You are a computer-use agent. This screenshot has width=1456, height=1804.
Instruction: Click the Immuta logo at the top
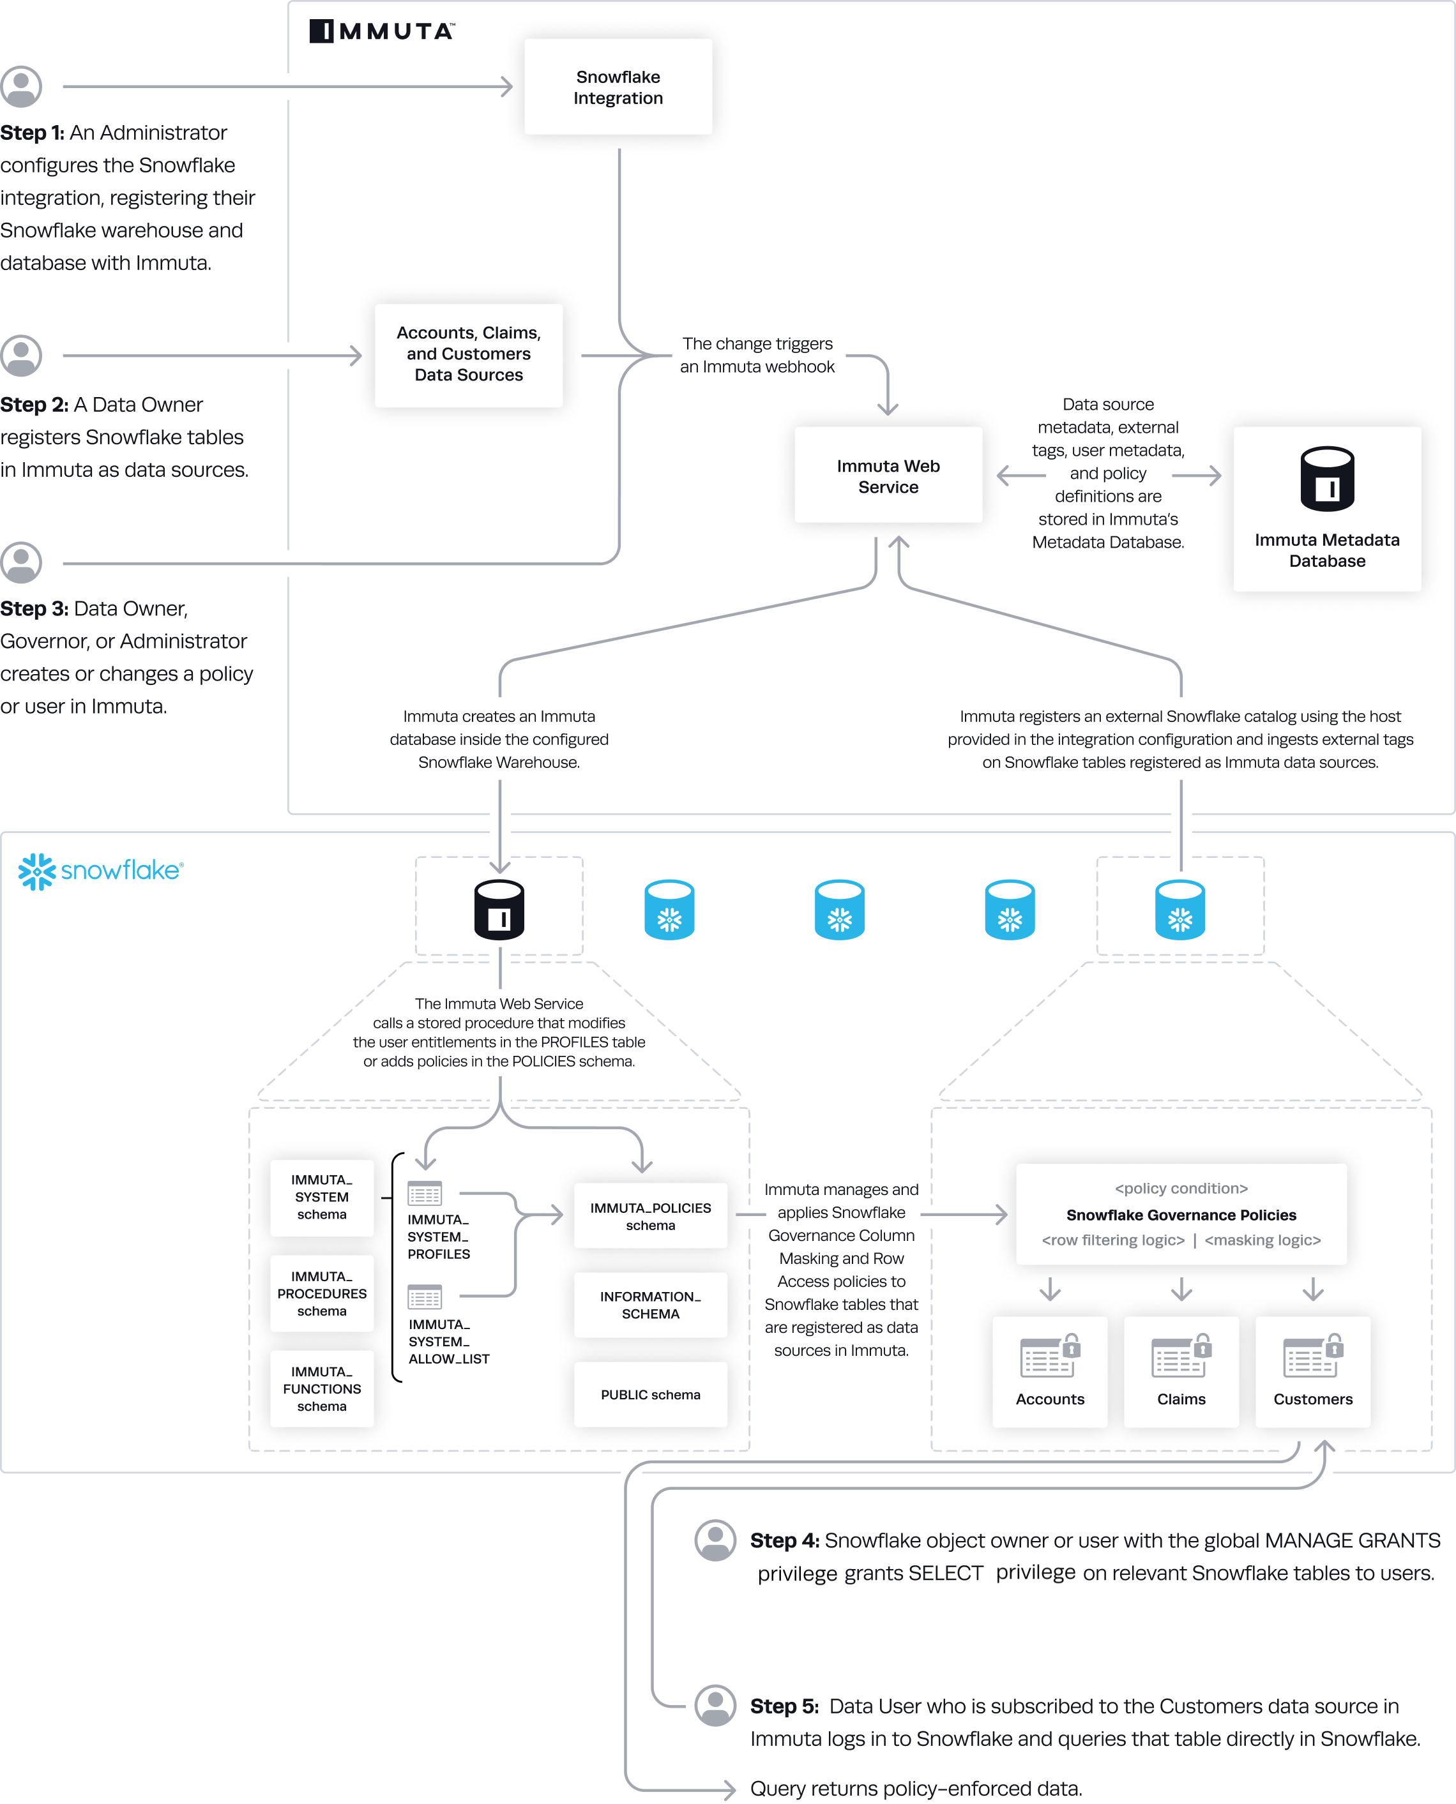[x=382, y=31]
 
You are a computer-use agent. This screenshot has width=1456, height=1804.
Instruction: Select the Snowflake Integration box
[x=618, y=87]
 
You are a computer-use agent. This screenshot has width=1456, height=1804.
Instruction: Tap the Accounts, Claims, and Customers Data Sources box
[x=468, y=354]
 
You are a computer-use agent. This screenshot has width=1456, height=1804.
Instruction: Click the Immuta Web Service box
[x=888, y=476]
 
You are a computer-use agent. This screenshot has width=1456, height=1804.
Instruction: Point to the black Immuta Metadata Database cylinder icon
[x=1327, y=479]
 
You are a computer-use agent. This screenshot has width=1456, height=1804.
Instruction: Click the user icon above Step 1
[x=21, y=86]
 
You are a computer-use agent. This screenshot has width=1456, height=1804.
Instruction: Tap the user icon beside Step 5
[x=715, y=1705]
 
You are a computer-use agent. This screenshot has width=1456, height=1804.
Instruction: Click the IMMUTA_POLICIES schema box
[x=650, y=1215]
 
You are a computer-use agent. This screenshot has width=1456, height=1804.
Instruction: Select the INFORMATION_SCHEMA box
[x=650, y=1304]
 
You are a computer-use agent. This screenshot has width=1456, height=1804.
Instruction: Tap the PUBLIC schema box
[x=650, y=1394]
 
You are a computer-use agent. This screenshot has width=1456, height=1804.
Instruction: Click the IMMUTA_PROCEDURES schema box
[x=321, y=1293]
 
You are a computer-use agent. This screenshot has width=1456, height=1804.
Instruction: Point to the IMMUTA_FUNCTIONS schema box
[x=321, y=1388]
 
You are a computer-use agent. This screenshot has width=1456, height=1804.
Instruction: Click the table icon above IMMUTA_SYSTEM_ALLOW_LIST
[x=425, y=1297]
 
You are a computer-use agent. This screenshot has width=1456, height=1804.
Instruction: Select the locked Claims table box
[x=1181, y=1371]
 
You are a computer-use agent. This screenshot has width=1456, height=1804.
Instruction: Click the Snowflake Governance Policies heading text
[x=1181, y=1215]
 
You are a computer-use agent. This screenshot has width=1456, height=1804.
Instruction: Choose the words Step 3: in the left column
[x=34, y=608]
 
